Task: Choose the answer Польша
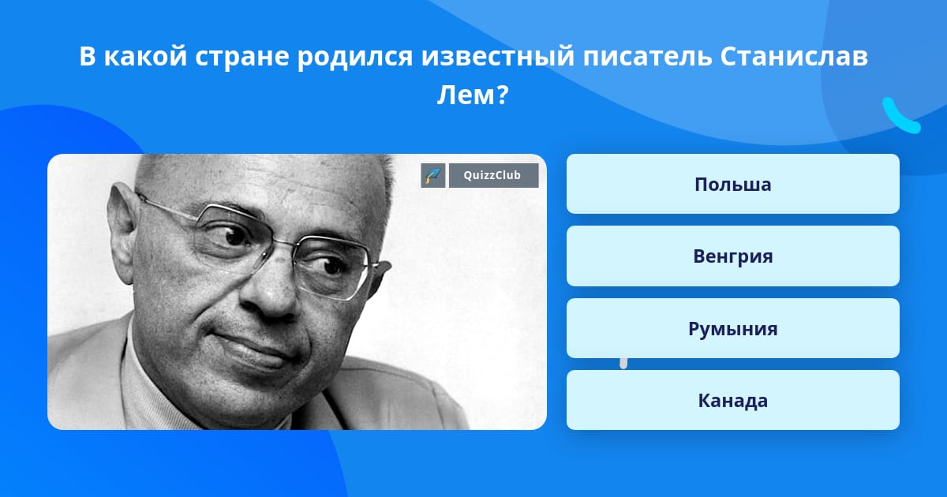click(732, 185)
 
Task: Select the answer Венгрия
click(732, 256)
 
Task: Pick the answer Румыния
click(732, 329)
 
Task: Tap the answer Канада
click(732, 401)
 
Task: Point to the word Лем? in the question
click(473, 96)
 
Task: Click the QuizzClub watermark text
click(494, 175)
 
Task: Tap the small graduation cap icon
click(433, 175)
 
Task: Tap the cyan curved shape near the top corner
click(900, 116)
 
